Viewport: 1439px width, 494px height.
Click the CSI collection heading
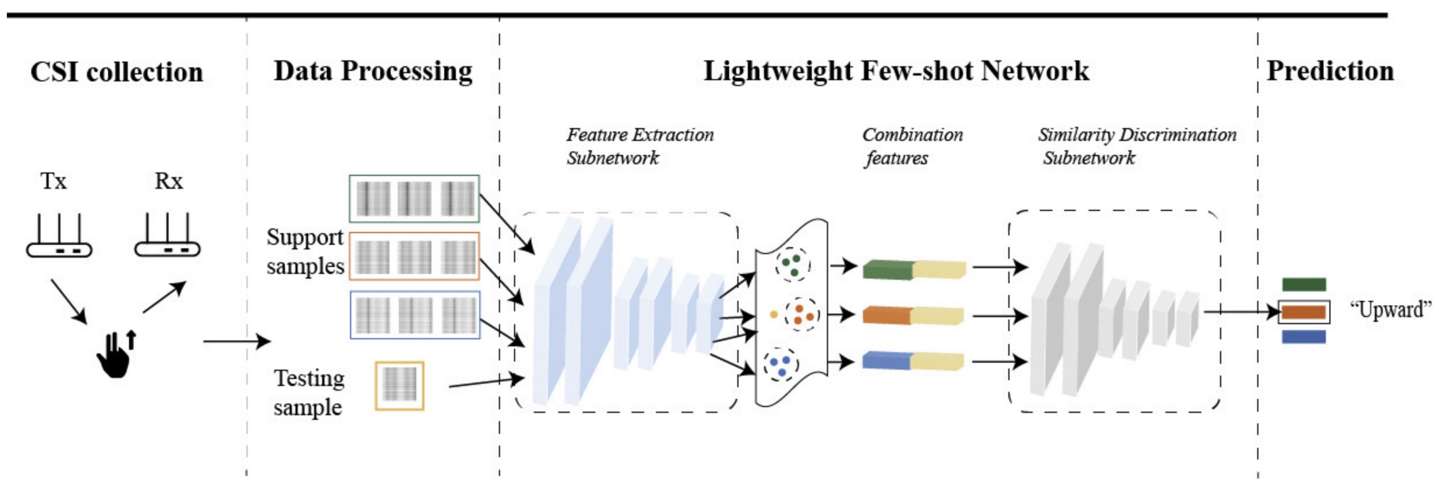pyautogui.click(x=116, y=72)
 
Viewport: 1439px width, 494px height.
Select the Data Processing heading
pyautogui.click(x=373, y=71)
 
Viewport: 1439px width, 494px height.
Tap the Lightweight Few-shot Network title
pyautogui.click(x=896, y=71)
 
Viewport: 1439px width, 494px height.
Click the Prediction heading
pyautogui.click(x=1329, y=71)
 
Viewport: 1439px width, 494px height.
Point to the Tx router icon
pyautogui.click(x=59, y=237)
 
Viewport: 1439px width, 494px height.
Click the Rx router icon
pyautogui.click(x=167, y=237)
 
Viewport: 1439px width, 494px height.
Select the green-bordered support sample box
pyautogui.click(x=414, y=198)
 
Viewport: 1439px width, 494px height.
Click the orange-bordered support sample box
pyautogui.click(x=414, y=256)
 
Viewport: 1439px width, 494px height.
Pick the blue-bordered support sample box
pyautogui.click(x=415, y=314)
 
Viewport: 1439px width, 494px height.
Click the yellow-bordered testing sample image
pyautogui.click(x=399, y=386)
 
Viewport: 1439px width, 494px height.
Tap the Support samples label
pyautogui.click(x=305, y=251)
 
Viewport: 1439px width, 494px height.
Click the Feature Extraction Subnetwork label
pyautogui.click(x=639, y=146)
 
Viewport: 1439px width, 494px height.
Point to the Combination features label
pyautogui.click(x=911, y=146)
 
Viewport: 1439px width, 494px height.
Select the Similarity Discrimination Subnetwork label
pyautogui.click(x=1136, y=146)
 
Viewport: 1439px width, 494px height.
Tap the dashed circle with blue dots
pyautogui.click(x=781, y=364)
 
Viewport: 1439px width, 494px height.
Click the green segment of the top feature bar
pyautogui.click(x=887, y=270)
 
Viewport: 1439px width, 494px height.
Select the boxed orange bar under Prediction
pyautogui.click(x=1304, y=312)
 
